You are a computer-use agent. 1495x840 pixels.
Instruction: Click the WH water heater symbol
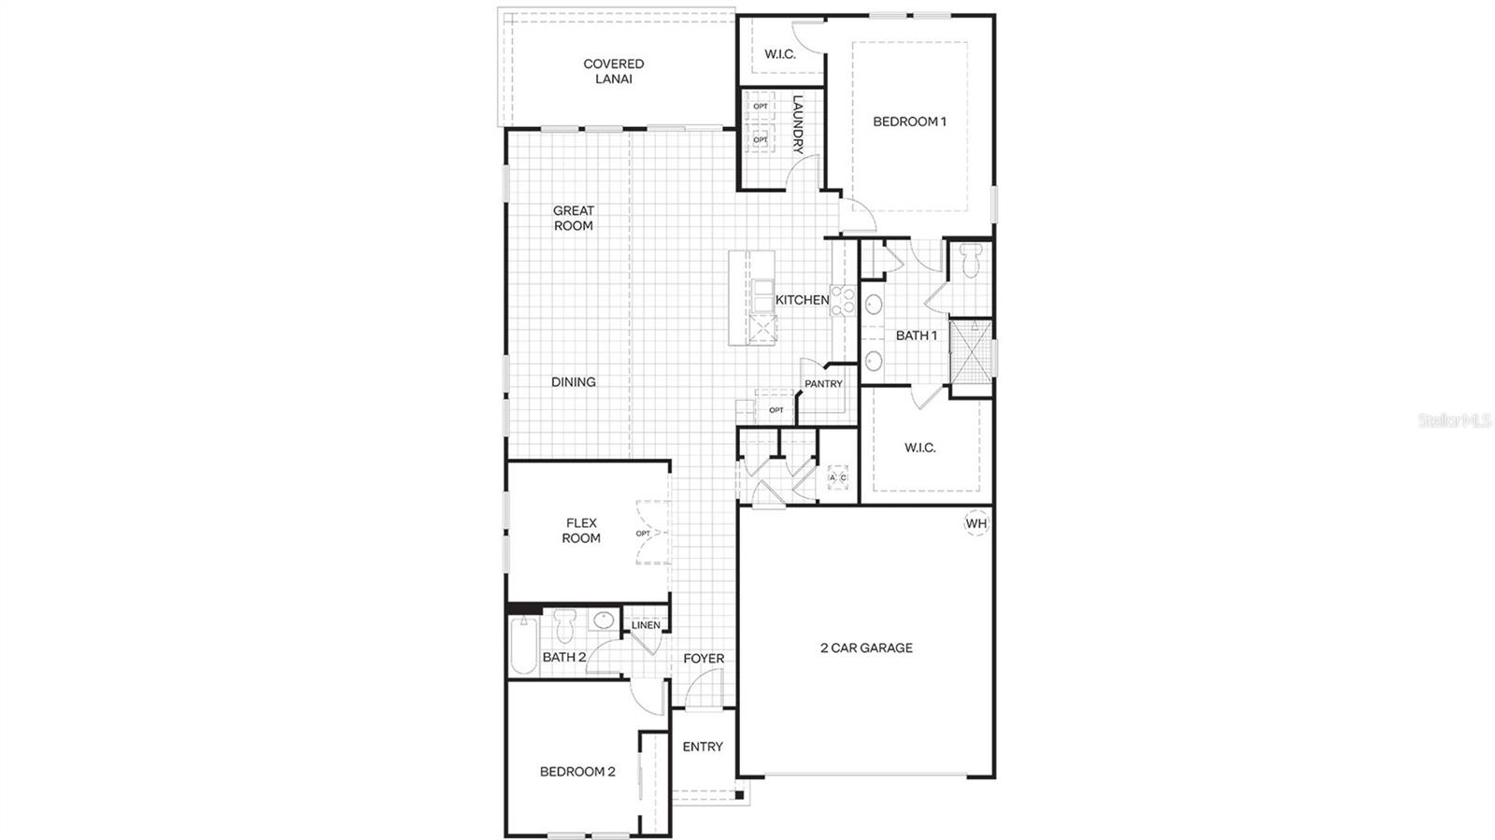[x=975, y=523]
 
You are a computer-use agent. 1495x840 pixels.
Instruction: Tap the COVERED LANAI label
[x=614, y=71]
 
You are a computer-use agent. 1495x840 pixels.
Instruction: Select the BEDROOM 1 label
[x=909, y=121]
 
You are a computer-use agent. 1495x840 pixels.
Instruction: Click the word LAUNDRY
[x=798, y=124]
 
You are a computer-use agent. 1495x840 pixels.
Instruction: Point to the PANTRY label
[x=823, y=384]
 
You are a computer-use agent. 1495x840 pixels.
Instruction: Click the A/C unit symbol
[x=838, y=478]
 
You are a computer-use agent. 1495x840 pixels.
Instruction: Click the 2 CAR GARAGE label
[x=866, y=648]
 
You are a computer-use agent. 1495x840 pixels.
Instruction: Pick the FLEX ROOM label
[x=581, y=531]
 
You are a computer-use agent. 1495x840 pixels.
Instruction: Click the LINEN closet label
[x=646, y=625]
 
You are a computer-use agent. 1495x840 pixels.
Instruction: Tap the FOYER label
[x=704, y=659]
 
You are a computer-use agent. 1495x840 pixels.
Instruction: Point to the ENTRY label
[x=703, y=747]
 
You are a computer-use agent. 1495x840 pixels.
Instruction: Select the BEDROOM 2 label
[x=577, y=772]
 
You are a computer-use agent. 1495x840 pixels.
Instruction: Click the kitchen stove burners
[x=843, y=300]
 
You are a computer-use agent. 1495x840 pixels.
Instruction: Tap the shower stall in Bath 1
[x=971, y=351]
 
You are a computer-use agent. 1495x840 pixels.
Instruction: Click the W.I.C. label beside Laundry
[x=780, y=54]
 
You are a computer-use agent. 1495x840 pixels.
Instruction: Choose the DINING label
[x=573, y=382]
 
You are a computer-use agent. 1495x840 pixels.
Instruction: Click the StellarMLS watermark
[x=1455, y=421]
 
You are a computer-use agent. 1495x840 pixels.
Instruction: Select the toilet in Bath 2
[x=564, y=625]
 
